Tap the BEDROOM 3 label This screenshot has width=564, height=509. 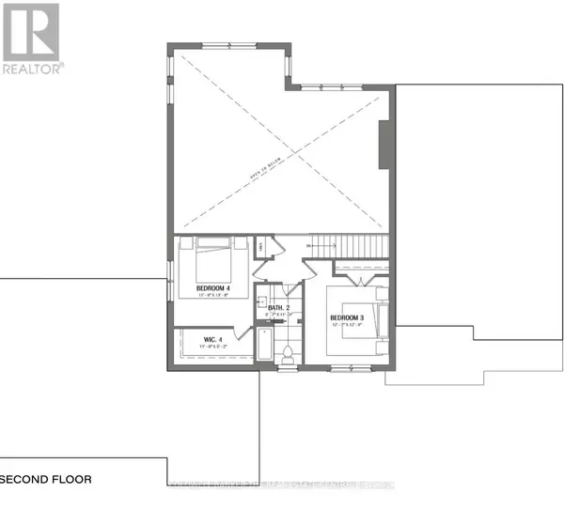click(x=346, y=319)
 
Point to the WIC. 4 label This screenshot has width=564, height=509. click(x=212, y=339)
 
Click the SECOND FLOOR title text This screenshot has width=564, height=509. click(x=46, y=479)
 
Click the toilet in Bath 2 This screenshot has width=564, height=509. click(x=289, y=355)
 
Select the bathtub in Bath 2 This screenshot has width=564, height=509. click(x=264, y=348)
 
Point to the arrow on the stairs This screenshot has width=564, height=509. click(x=320, y=245)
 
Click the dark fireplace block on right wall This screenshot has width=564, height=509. click(x=382, y=145)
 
